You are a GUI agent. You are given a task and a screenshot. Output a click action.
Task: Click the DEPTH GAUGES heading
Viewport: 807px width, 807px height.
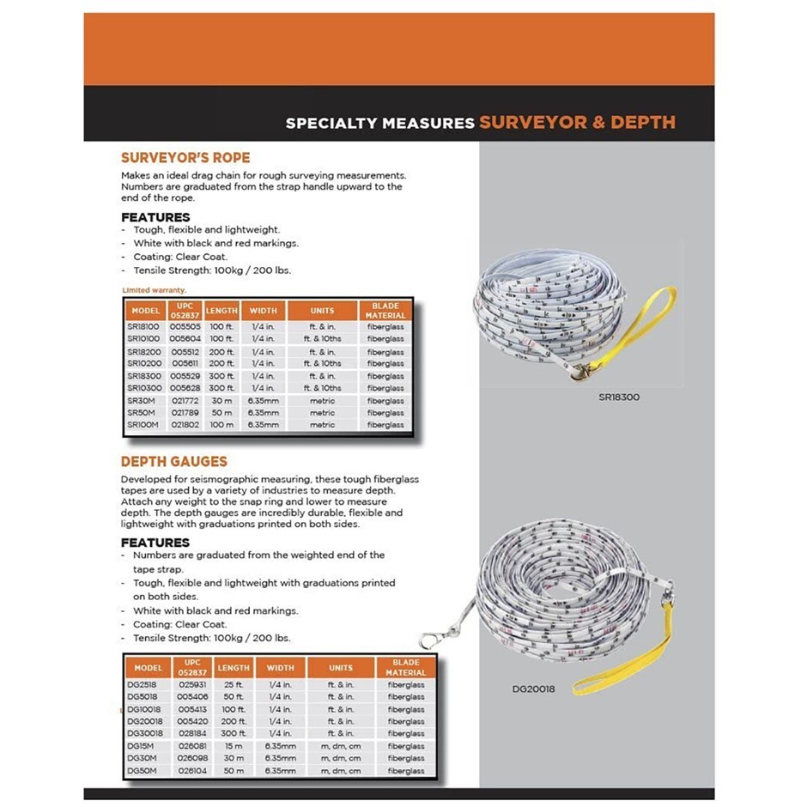pos(173,462)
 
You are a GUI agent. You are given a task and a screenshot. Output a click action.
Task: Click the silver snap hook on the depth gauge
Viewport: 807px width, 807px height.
pos(431,639)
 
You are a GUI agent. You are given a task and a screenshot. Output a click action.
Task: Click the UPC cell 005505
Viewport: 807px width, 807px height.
pos(186,327)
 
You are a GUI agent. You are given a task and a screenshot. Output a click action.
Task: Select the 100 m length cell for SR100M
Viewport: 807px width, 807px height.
pos(221,425)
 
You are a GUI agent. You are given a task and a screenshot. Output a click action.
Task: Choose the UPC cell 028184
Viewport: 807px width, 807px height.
pos(191,733)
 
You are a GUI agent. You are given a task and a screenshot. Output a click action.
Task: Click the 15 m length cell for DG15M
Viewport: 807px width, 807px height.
pos(232,746)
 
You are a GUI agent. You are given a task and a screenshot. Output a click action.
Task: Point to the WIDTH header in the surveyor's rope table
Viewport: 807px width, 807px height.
pos(262,310)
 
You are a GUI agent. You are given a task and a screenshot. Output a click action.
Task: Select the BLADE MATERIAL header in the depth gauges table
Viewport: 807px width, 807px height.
pos(406,667)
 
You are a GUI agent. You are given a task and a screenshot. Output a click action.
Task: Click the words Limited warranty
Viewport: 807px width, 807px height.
pos(155,290)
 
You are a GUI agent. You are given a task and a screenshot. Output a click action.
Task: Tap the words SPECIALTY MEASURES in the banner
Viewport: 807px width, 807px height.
pos(379,123)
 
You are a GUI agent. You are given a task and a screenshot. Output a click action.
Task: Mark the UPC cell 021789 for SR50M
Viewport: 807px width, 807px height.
pos(186,413)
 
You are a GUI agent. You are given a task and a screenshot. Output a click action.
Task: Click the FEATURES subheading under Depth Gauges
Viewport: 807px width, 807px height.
pos(155,543)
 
